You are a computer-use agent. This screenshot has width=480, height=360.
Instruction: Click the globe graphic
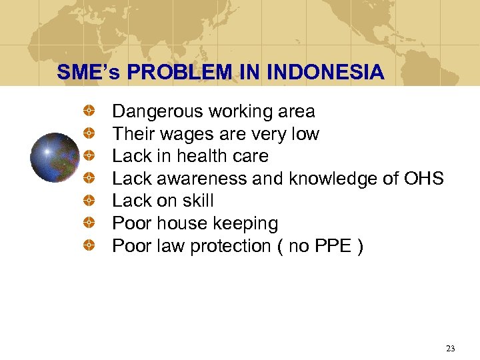(56, 158)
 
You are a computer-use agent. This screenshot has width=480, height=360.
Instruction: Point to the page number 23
(450, 348)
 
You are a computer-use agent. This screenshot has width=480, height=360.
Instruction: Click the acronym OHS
(424, 179)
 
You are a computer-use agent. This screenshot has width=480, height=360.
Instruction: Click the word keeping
(247, 223)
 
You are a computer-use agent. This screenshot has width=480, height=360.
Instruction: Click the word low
(305, 134)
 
